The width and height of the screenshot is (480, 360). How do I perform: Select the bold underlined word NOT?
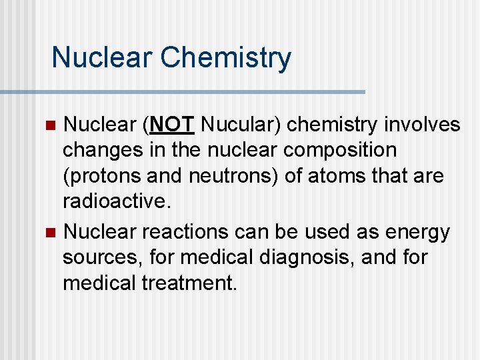coord(173,125)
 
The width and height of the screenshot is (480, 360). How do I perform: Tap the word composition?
coord(340,150)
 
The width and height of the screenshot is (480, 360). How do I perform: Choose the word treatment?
coord(189,283)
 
